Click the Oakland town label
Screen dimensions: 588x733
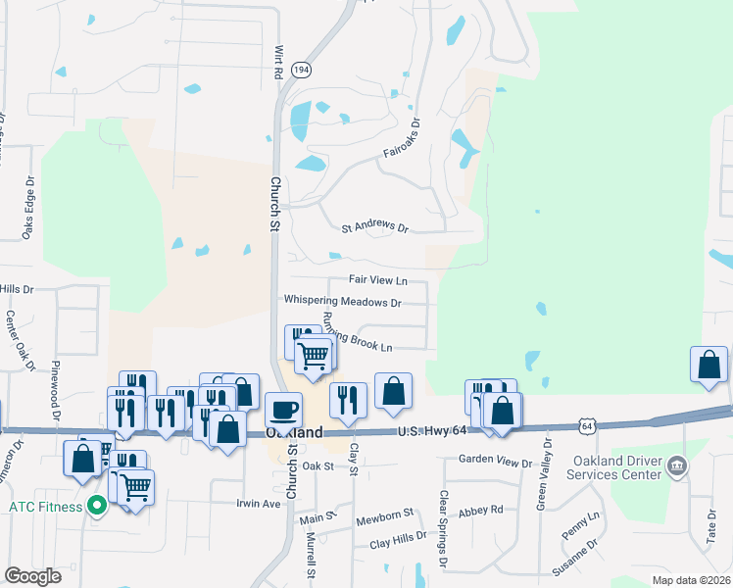294,432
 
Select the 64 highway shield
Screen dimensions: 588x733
586,426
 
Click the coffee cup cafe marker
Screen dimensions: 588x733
283,409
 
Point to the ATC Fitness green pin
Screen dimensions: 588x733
95,507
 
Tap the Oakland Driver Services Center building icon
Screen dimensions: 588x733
677,467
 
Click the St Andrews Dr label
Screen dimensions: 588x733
374,227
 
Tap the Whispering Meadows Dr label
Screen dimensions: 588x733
342,302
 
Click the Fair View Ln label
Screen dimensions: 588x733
377,280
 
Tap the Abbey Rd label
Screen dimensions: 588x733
480,510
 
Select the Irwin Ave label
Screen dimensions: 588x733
259,504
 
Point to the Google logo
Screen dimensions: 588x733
32,576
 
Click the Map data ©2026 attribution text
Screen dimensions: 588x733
691,580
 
